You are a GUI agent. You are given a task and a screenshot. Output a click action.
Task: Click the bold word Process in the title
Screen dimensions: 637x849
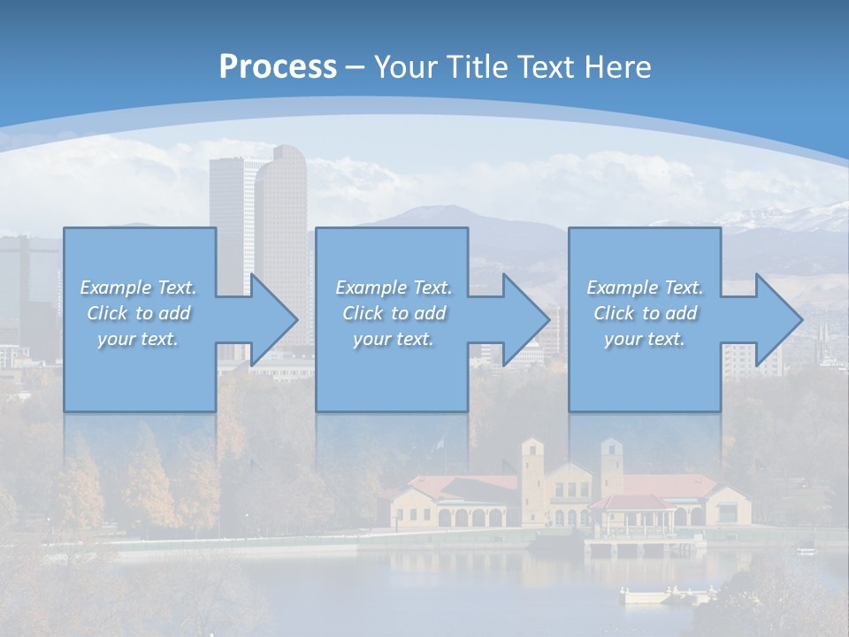(x=278, y=67)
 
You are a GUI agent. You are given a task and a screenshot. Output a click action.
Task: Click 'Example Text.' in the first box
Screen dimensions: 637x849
(x=139, y=288)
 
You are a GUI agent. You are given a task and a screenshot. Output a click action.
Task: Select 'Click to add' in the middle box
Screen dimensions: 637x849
(x=394, y=313)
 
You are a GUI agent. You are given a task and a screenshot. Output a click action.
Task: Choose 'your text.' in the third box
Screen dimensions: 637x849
(x=645, y=339)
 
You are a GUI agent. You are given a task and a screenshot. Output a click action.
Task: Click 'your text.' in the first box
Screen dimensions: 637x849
(x=139, y=339)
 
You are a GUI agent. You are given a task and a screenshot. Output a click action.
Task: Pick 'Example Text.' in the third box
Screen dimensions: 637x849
(x=645, y=288)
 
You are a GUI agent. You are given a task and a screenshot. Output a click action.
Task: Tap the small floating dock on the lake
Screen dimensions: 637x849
(x=654, y=595)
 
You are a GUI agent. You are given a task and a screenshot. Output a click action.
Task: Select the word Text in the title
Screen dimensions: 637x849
(x=547, y=67)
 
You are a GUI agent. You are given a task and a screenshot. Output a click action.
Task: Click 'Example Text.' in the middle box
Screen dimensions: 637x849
(x=394, y=288)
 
